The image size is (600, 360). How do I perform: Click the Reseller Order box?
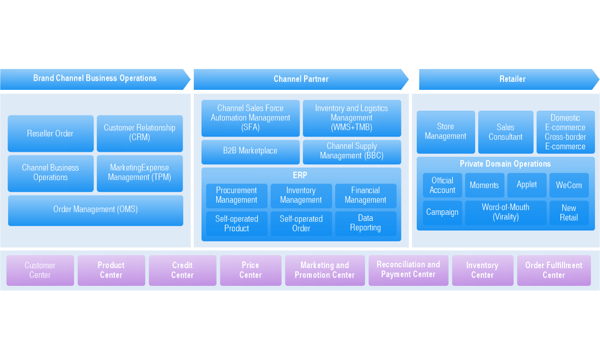51,134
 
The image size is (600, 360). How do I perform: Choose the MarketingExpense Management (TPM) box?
140,173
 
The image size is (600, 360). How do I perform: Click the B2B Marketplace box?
250,151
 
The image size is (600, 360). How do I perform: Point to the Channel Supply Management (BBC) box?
352,151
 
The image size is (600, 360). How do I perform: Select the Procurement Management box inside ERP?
237,195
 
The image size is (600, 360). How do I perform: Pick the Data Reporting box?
365,223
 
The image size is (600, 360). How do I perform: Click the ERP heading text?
300,176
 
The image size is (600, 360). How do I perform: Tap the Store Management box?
446,132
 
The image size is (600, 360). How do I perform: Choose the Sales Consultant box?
506,132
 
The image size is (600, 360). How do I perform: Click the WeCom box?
569,185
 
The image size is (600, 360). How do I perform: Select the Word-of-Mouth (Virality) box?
506,212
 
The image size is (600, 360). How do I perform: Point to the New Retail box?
569,213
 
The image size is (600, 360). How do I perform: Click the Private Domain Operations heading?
505,164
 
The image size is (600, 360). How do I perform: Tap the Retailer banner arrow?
509,79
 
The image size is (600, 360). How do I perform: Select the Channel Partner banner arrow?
301,79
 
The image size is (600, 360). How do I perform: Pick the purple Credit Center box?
182,270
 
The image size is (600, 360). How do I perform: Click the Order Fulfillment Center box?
554,270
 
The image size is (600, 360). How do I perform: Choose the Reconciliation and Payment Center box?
408,270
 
